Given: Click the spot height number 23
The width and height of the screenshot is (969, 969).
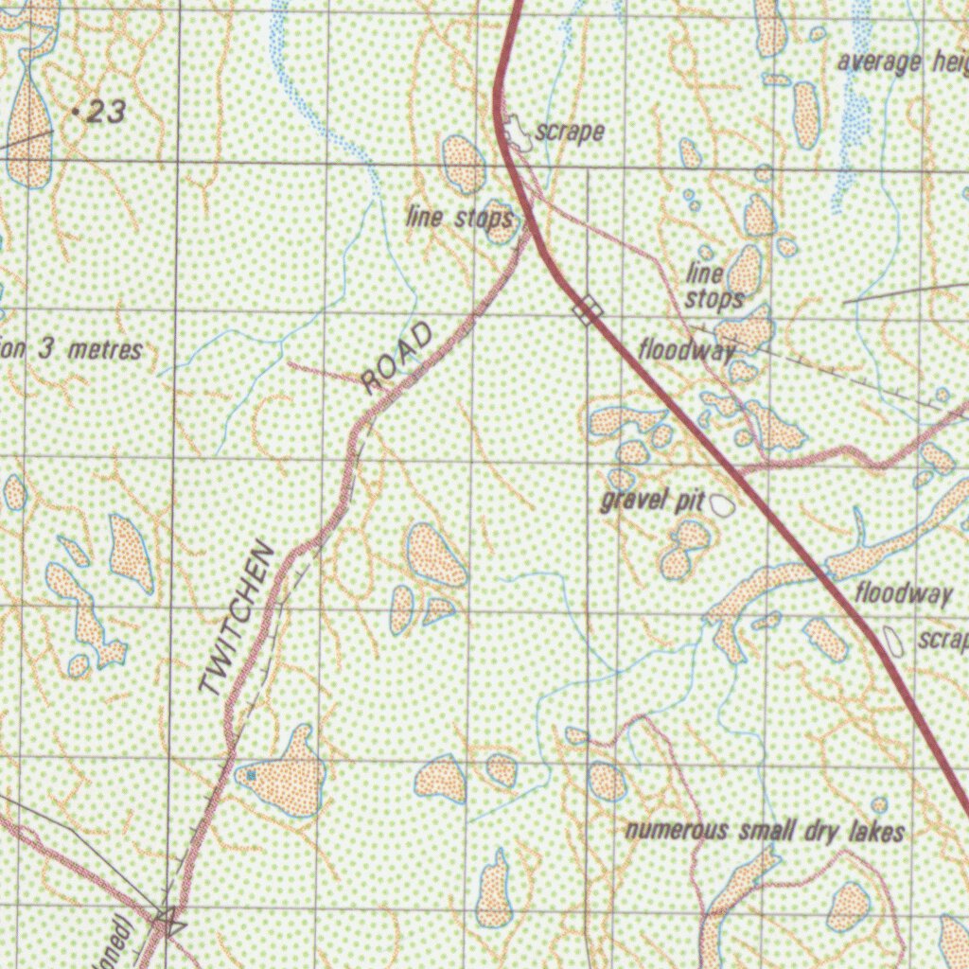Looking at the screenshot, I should coord(106,114).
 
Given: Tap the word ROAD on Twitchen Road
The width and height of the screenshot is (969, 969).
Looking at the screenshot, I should coord(398,358).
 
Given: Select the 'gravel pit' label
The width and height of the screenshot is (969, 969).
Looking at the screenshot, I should coord(651,501).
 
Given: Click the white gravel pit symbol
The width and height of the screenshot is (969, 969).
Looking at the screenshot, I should coord(722,505).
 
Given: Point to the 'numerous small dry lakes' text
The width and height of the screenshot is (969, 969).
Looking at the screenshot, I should coord(765,832).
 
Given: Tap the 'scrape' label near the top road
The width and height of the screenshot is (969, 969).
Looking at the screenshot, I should coord(570,132).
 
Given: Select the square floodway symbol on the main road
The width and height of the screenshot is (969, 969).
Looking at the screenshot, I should coord(588,309).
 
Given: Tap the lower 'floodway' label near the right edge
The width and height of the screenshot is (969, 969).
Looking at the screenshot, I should coord(904,594).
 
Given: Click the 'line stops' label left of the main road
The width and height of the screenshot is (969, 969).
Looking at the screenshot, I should coord(460,218).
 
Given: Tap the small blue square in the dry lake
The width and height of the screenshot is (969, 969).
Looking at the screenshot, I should coord(251,776).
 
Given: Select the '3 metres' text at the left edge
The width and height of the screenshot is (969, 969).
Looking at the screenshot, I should coord(91,349).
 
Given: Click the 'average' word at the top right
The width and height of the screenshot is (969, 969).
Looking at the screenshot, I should coord(879,62).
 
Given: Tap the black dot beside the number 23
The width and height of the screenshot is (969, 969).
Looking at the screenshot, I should coord(76,112).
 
